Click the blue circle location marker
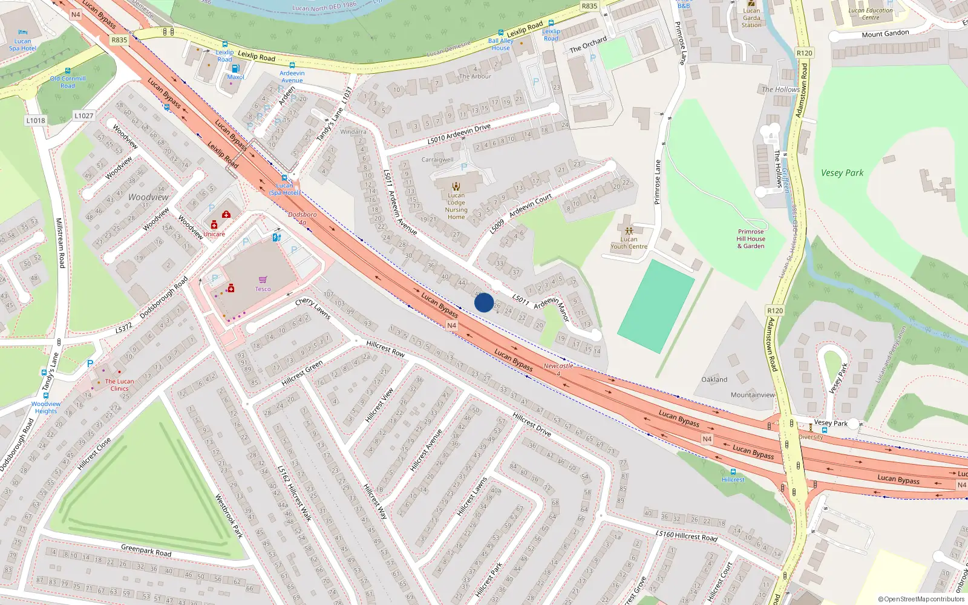[x=483, y=302]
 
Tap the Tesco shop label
[x=263, y=289]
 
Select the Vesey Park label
[x=842, y=173]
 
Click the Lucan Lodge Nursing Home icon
[x=456, y=186]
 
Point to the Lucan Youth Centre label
[x=629, y=243]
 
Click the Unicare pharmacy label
[x=214, y=234]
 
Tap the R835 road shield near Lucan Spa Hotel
[x=119, y=40]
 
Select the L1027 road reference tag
[x=84, y=116]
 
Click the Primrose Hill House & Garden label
[x=750, y=239]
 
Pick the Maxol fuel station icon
[x=235, y=68]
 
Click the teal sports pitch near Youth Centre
[x=656, y=306]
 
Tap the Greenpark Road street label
[x=146, y=551]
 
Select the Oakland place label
[x=714, y=379]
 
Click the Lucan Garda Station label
[x=751, y=18]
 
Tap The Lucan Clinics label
[x=119, y=385]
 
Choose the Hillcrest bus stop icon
[x=733, y=471]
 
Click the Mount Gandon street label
[x=885, y=33]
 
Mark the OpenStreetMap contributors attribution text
[x=921, y=599]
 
